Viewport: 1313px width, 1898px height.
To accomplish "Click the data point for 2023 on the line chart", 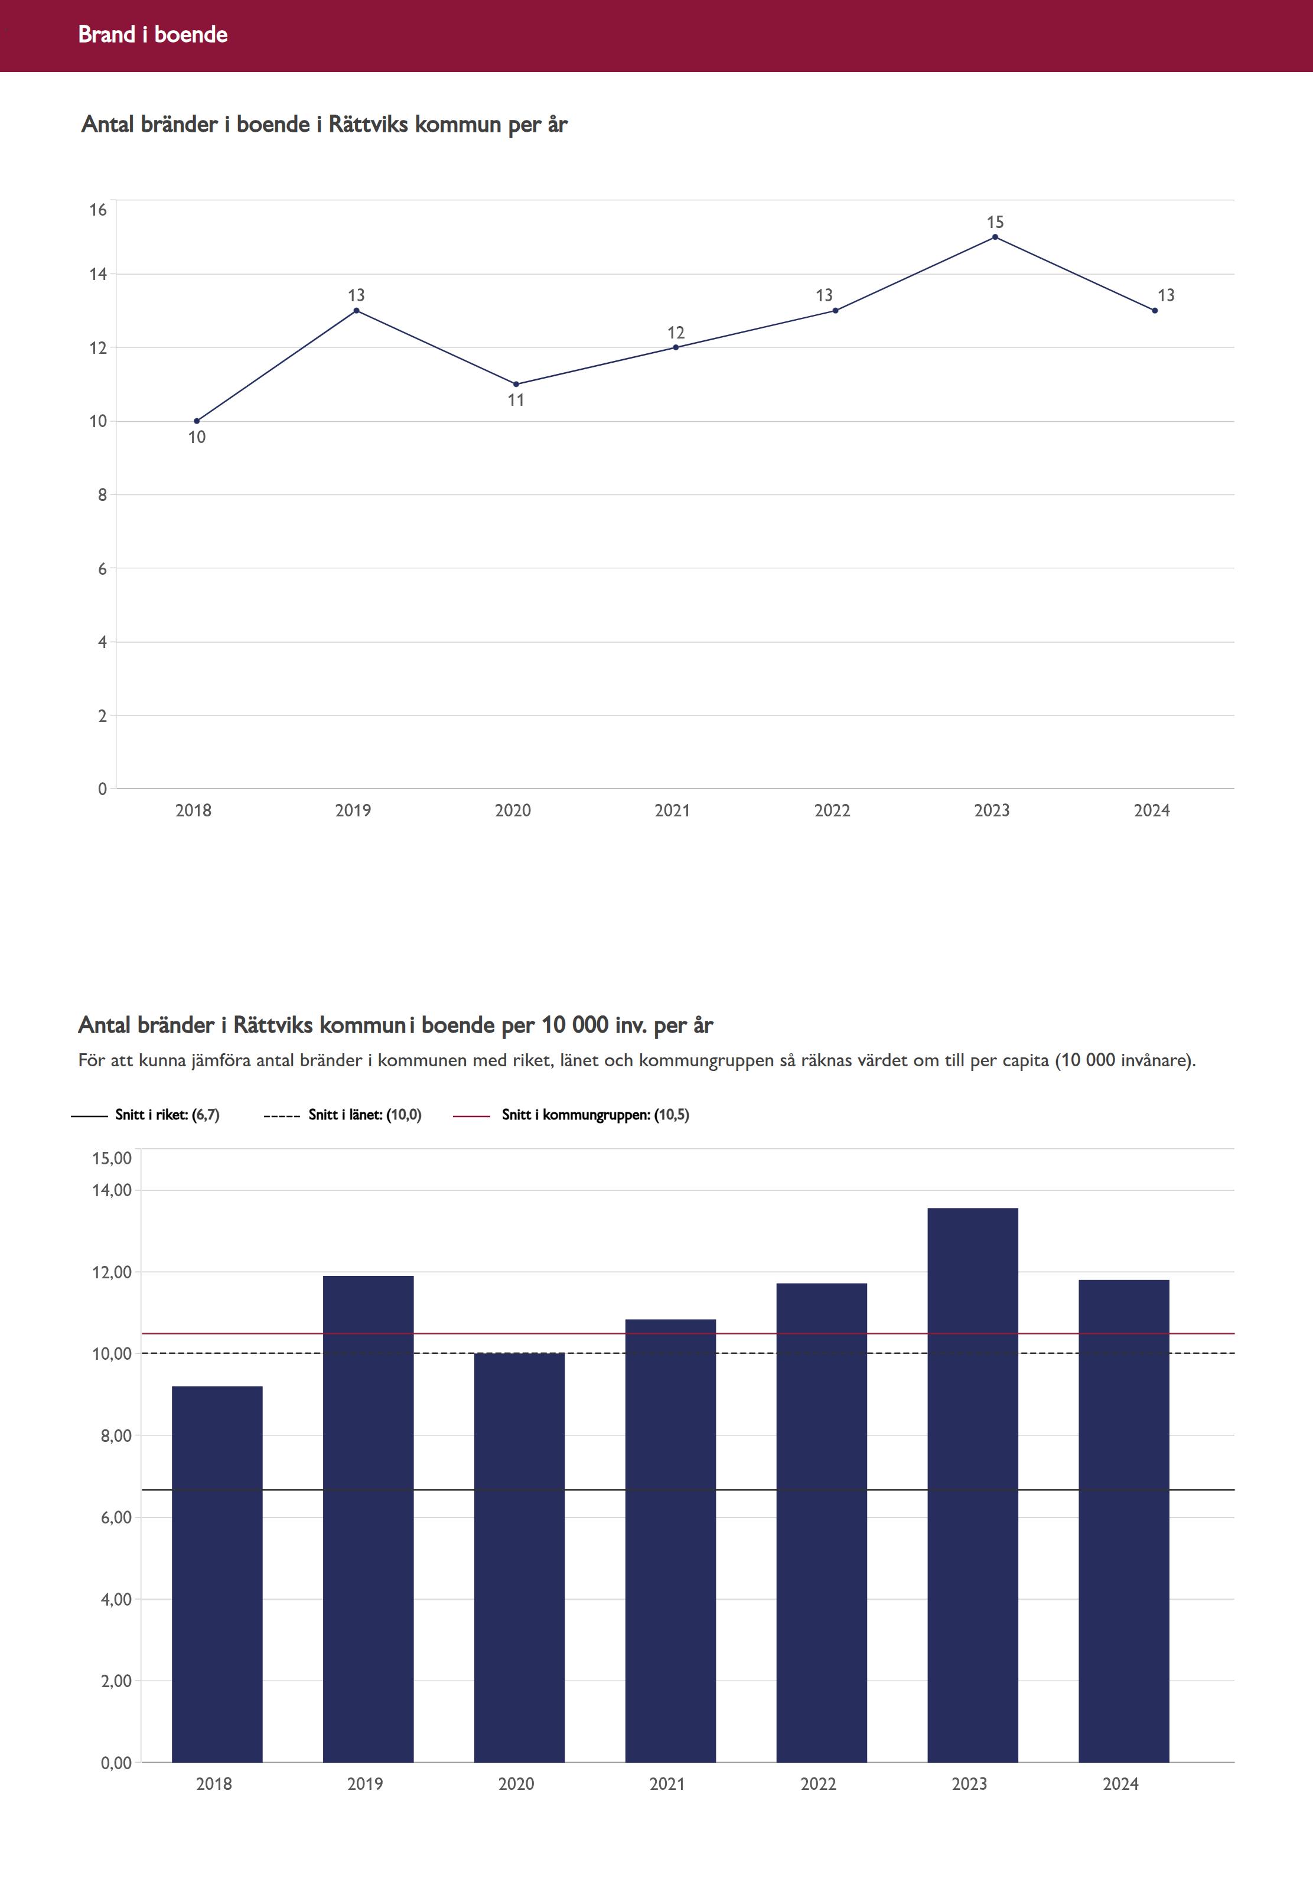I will [x=995, y=237].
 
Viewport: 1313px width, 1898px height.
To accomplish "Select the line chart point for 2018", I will [x=197, y=421].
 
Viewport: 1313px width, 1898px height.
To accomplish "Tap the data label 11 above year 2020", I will [x=516, y=401].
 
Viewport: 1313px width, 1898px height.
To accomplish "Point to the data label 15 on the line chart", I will [x=995, y=222].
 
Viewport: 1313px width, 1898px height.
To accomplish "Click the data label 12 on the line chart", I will [x=676, y=333].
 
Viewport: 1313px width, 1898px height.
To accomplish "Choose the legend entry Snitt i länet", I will [x=364, y=1115].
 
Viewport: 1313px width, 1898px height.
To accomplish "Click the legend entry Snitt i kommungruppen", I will [x=595, y=1115].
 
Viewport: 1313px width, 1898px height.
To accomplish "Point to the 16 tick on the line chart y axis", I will [x=99, y=210].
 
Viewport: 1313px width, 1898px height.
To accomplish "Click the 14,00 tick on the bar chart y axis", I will [x=112, y=1190].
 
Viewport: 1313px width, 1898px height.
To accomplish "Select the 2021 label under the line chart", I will [x=672, y=810].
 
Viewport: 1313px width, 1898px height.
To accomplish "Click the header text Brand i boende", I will [x=153, y=34].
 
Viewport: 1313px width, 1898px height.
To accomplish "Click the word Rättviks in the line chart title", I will [x=368, y=124].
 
